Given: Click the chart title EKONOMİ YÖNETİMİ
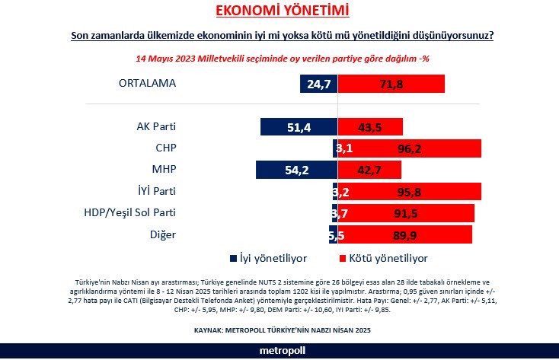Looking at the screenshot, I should click(279, 11).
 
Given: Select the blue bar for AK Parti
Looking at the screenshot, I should click(299, 127).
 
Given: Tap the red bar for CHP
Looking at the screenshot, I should click(409, 148).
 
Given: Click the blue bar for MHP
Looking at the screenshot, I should click(296, 170).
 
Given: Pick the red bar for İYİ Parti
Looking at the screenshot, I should click(409, 191).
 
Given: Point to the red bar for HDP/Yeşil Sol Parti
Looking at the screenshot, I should click(406, 212).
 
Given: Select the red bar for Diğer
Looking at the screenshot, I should click(404, 234).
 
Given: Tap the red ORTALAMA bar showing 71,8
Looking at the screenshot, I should click(391, 84).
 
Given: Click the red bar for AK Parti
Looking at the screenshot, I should click(371, 127).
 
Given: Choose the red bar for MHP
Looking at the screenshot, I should click(370, 170).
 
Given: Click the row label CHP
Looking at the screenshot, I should click(165, 147).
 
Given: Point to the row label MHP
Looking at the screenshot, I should click(165, 168).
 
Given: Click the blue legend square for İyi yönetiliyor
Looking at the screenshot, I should click(233, 257).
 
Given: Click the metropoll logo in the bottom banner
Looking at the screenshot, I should click(279, 350).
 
